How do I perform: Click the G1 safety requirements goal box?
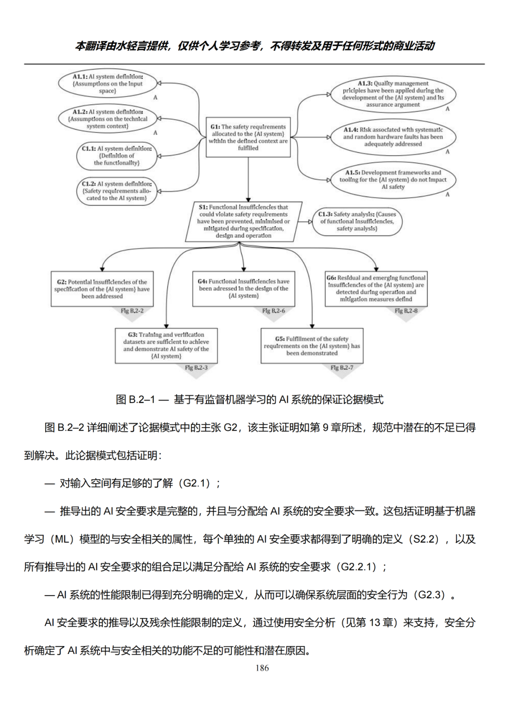[x=248, y=137]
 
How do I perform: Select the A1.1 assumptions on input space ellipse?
[x=107, y=83]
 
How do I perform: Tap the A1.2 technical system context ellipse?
[x=107, y=119]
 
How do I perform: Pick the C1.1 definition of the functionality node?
[x=116, y=156]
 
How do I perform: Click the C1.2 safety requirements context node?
[x=116, y=191]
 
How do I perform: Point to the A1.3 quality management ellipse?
[x=393, y=94]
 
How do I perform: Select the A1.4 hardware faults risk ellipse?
[x=393, y=137]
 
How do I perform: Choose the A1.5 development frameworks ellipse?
[x=393, y=180]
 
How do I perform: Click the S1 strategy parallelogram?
[x=244, y=221]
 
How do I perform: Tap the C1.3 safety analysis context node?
[x=357, y=221]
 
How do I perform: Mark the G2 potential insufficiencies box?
[x=102, y=289]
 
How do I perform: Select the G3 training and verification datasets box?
[x=166, y=346]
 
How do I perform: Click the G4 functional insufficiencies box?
[x=244, y=289]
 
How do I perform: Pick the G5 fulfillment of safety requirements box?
[x=312, y=346]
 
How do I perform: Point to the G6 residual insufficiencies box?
[x=376, y=289]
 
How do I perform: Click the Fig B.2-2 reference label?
[x=132, y=311]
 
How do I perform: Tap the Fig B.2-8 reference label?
[x=406, y=311]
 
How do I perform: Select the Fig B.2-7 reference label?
[x=342, y=368]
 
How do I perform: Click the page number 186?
[x=262, y=668]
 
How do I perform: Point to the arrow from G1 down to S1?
[x=248, y=179]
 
